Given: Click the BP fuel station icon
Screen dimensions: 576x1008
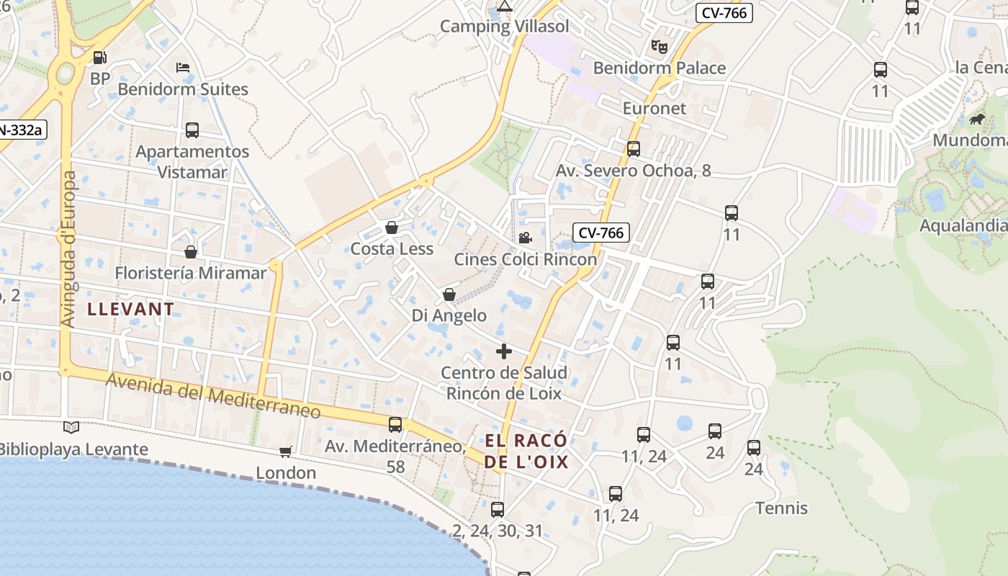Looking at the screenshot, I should pyautogui.click(x=100, y=58).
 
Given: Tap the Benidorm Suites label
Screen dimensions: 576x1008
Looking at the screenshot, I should pyautogui.click(x=183, y=89).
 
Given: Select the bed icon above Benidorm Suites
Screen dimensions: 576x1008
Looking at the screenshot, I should pyautogui.click(x=183, y=68).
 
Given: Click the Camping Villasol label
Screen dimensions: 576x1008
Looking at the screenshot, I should pyautogui.click(x=504, y=27).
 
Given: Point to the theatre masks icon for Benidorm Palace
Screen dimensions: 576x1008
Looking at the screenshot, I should pyautogui.click(x=659, y=47).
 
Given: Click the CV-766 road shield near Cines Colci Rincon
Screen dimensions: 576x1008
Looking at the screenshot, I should pyautogui.click(x=601, y=233).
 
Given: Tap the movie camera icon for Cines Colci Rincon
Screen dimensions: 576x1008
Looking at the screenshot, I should pyautogui.click(x=525, y=238).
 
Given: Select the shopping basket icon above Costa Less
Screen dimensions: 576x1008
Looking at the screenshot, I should pyautogui.click(x=392, y=228).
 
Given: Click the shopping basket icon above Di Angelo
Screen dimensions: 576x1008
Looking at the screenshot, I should pyautogui.click(x=449, y=294).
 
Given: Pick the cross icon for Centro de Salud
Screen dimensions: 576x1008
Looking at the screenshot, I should pyautogui.click(x=504, y=351).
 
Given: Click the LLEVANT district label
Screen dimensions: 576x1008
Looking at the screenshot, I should pyautogui.click(x=130, y=310).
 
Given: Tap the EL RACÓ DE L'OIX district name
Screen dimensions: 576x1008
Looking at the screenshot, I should pyautogui.click(x=526, y=451).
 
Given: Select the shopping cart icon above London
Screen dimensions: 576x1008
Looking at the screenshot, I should pyautogui.click(x=286, y=451).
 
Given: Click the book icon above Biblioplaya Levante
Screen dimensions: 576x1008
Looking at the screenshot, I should pyautogui.click(x=71, y=428).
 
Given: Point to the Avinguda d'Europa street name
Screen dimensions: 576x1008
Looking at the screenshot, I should pyautogui.click(x=69, y=249).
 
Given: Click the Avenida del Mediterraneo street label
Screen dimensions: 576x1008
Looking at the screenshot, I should pyautogui.click(x=213, y=396).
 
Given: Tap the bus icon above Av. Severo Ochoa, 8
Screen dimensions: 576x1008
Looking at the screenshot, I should pyautogui.click(x=634, y=149).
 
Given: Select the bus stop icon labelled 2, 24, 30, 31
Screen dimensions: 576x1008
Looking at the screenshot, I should pyautogui.click(x=498, y=510).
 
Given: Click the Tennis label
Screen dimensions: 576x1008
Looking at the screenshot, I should pyautogui.click(x=781, y=508).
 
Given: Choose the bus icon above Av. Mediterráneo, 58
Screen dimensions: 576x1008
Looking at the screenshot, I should pyautogui.click(x=395, y=425).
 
